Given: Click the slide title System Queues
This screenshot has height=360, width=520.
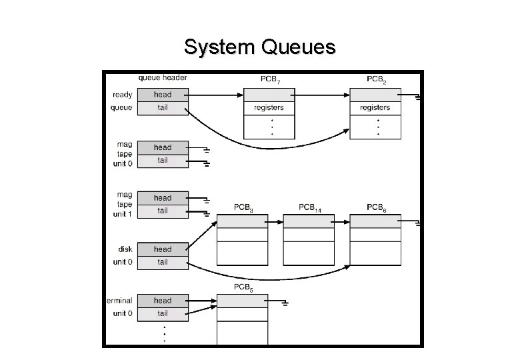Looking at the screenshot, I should (260, 48).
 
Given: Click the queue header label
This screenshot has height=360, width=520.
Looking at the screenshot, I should (163, 78).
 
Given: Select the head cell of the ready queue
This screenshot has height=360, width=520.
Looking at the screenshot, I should (163, 95).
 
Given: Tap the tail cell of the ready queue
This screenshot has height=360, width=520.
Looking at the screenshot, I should (163, 108).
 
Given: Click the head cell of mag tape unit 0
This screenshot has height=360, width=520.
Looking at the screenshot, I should (163, 147).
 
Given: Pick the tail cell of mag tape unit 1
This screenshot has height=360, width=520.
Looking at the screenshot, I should (163, 211).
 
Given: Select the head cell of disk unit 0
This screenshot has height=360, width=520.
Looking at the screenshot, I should (163, 249).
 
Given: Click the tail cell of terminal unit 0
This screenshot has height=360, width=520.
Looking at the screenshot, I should (163, 313).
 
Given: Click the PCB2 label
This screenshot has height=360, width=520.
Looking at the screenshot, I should (376, 79).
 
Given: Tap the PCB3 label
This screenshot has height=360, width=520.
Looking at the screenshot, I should (243, 208).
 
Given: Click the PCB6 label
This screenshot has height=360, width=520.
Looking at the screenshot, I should (376, 208).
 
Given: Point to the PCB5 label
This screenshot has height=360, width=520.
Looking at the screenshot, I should (243, 287).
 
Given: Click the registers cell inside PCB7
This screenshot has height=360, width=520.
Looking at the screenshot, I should (269, 107).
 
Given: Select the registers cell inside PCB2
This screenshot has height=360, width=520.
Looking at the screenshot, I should (375, 107).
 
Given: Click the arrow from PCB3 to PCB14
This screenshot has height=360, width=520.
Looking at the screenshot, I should (275, 221).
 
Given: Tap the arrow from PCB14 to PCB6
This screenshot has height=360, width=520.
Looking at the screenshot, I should (341, 221).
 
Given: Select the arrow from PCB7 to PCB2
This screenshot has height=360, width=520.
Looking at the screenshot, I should (321, 95).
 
